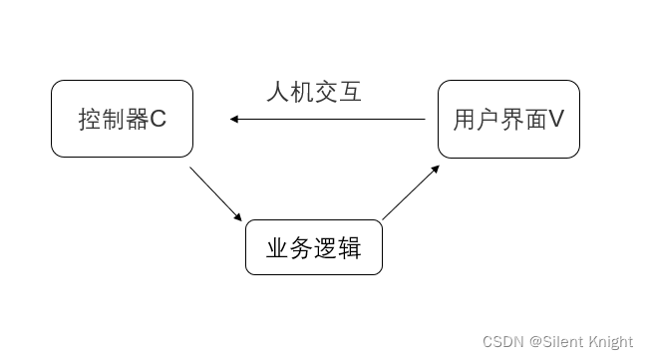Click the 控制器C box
pos(122,120)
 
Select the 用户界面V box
pos(508,120)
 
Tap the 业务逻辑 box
pos(313,247)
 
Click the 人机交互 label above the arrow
pos(314,93)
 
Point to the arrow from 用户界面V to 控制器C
pos(329,120)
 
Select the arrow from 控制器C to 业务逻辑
pos(215,193)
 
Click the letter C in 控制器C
pos(159,121)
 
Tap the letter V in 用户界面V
pos(556,120)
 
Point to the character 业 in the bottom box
pos(277,248)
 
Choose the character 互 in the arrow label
pos(350,93)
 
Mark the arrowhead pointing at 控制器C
pos(234,120)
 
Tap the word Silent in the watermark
pos(564,342)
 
